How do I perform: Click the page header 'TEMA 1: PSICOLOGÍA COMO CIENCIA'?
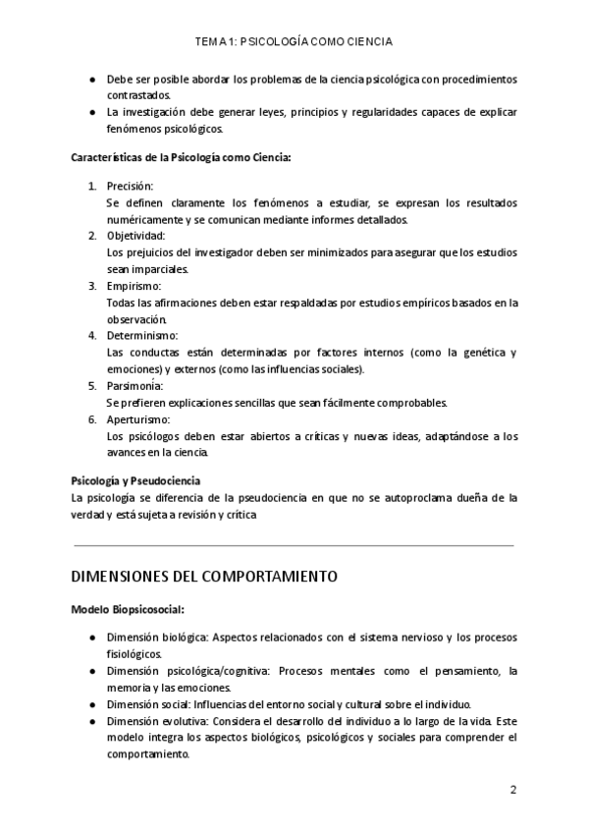(x=294, y=42)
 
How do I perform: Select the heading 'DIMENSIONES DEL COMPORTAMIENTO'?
(x=204, y=576)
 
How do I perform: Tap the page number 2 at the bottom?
(x=512, y=789)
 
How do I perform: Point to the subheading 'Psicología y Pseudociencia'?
(x=135, y=480)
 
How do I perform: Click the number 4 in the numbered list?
(x=92, y=336)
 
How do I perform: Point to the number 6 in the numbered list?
(x=92, y=419)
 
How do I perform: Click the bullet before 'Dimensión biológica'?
(x=91, y=638)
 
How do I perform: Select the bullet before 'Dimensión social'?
(x=91, y=704)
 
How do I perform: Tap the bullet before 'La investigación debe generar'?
(x=91, y=112)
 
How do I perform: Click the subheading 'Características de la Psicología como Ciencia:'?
(x=182, y=157)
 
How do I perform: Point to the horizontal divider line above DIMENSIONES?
(x=294, y=544)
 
